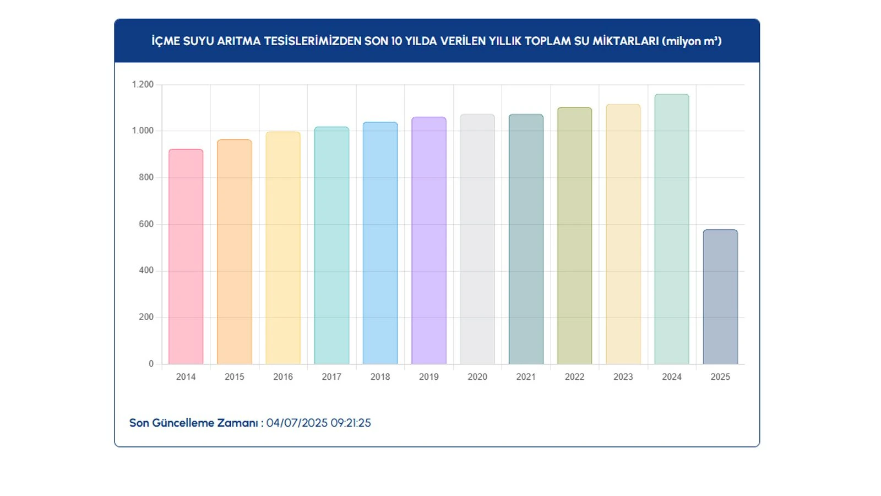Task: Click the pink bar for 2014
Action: point(186,257)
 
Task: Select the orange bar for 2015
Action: point(235,252)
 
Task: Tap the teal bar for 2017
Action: point(331,246)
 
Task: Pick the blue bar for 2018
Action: point(380,243)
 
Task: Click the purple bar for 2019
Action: point(429,241)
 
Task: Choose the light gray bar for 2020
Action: point(477,239)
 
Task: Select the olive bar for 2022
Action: point(574,236)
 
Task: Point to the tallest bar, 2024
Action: point(672,229)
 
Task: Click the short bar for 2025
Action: point(720,297)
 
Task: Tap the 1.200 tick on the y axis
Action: point(143,84)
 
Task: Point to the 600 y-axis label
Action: point(146,224)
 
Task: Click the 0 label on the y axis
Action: point(151,364)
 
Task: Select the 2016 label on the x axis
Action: point(283,377)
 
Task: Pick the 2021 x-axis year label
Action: point(526,377)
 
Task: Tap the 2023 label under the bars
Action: point(623,377)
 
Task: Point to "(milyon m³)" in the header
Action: point(692,41)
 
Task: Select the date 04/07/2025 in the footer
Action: point(297,423)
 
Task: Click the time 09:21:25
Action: point(351,423)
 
